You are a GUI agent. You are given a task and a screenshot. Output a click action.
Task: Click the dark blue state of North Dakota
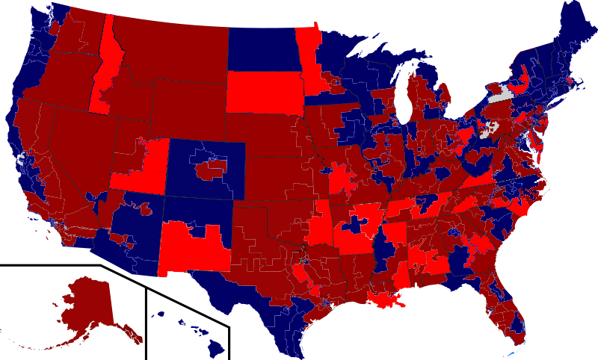(x=262, y=49)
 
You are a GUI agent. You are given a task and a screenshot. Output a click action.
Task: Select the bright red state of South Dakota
(x=262, y=93)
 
